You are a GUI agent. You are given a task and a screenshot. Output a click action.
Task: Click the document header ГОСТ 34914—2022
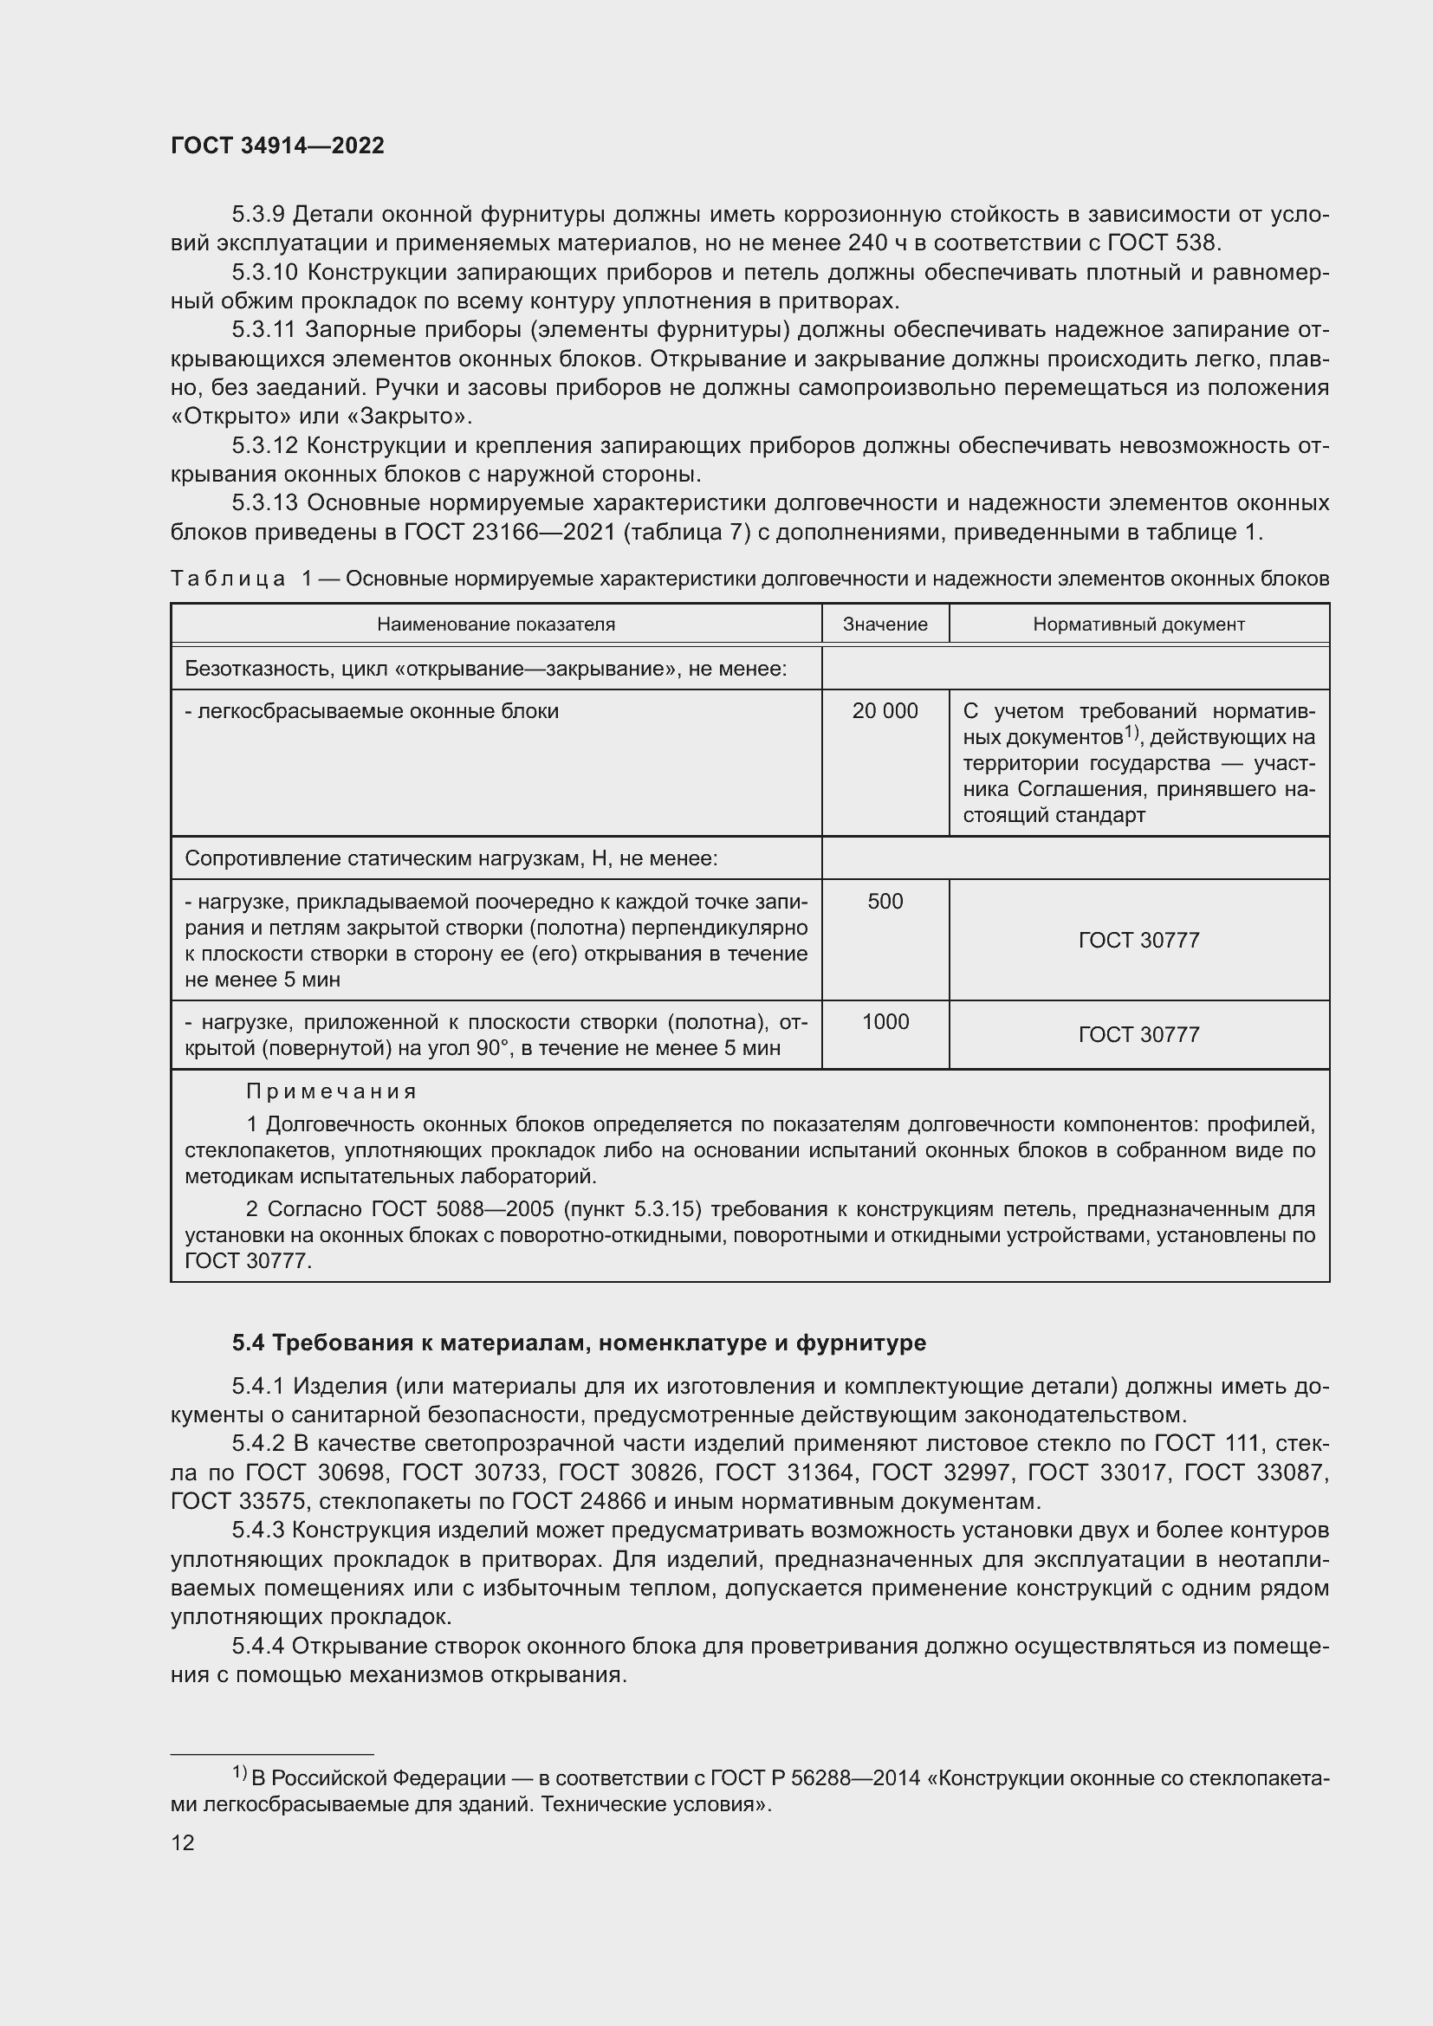pyautogui.click(x=277, y=146)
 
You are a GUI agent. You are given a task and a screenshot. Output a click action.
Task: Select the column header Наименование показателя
pyautogui.click(x=496, y=624)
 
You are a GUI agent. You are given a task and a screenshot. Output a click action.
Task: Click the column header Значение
pyautogui.click(x=885, y=624)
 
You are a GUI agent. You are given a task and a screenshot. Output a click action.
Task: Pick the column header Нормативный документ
pyautogui.click(x=1138, y=624)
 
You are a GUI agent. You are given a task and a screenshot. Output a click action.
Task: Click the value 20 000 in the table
pyautogui.click(x=885, y=710)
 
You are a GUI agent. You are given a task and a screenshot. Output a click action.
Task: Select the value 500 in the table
pyautogui.click(x=885, y=901)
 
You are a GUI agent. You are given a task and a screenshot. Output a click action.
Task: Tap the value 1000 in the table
pyautogui.click(x=885, y=1021)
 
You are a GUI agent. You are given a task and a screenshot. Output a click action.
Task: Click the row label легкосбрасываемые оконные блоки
pyautogui.click(x=372, y=710)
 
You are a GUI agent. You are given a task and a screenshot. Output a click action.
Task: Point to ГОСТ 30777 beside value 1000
pyautogui.click(x=1138, y=1034)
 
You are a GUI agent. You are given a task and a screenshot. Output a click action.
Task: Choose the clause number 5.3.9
pyautogui.click(x=257, y=215)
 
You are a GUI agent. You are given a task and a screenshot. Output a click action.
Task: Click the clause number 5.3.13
pyautogui.click(x=265, y=503)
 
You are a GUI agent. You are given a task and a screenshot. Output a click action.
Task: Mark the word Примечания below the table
pyautogui.click(x=331, y=1091)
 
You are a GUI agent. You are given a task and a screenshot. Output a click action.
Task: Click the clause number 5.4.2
pyautogui.click(x=257, y=1444)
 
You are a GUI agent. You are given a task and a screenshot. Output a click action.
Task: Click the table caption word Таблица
pyautogui.click(x=228, y=579)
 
